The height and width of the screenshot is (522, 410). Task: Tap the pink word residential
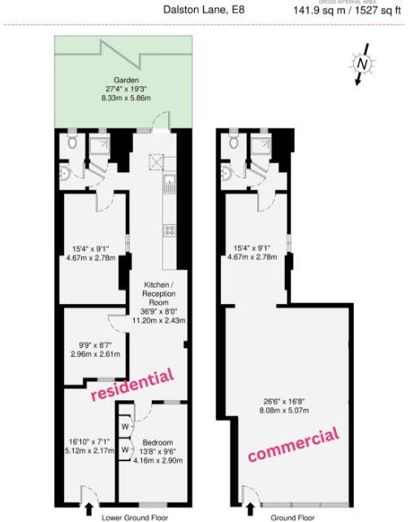pos(132,385)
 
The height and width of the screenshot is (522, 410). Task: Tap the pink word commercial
pos(293,445)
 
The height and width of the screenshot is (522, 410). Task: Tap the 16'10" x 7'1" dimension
pos(88,443)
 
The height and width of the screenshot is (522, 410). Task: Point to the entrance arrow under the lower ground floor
pos(88,509)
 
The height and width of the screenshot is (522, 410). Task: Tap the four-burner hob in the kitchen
pos(170,230)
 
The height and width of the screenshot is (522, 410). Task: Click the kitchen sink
pos(169,181)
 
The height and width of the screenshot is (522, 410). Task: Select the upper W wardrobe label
pos(125,426)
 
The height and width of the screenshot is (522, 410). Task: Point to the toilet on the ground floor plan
pos(235,142)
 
